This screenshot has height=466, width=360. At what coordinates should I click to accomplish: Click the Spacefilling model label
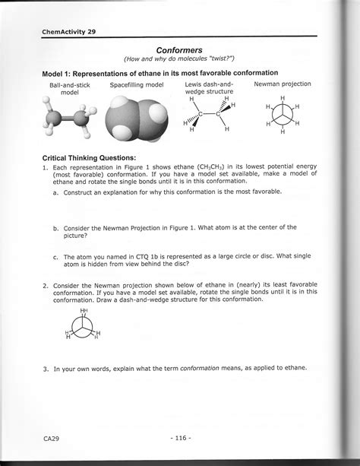click(136, 85)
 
